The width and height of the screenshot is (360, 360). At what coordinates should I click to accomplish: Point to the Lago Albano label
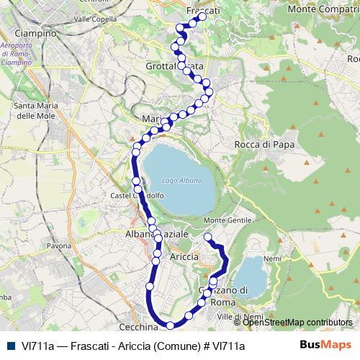181,180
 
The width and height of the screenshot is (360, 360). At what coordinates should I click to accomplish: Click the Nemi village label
273,258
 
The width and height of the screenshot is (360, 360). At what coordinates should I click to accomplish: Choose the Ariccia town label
184,256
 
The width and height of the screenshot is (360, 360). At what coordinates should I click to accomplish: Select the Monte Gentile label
228,220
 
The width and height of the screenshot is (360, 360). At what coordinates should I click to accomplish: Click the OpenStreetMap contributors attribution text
298,323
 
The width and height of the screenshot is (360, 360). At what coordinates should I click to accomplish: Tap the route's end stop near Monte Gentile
207,237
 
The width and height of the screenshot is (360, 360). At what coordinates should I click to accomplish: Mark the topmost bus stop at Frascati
202,17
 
